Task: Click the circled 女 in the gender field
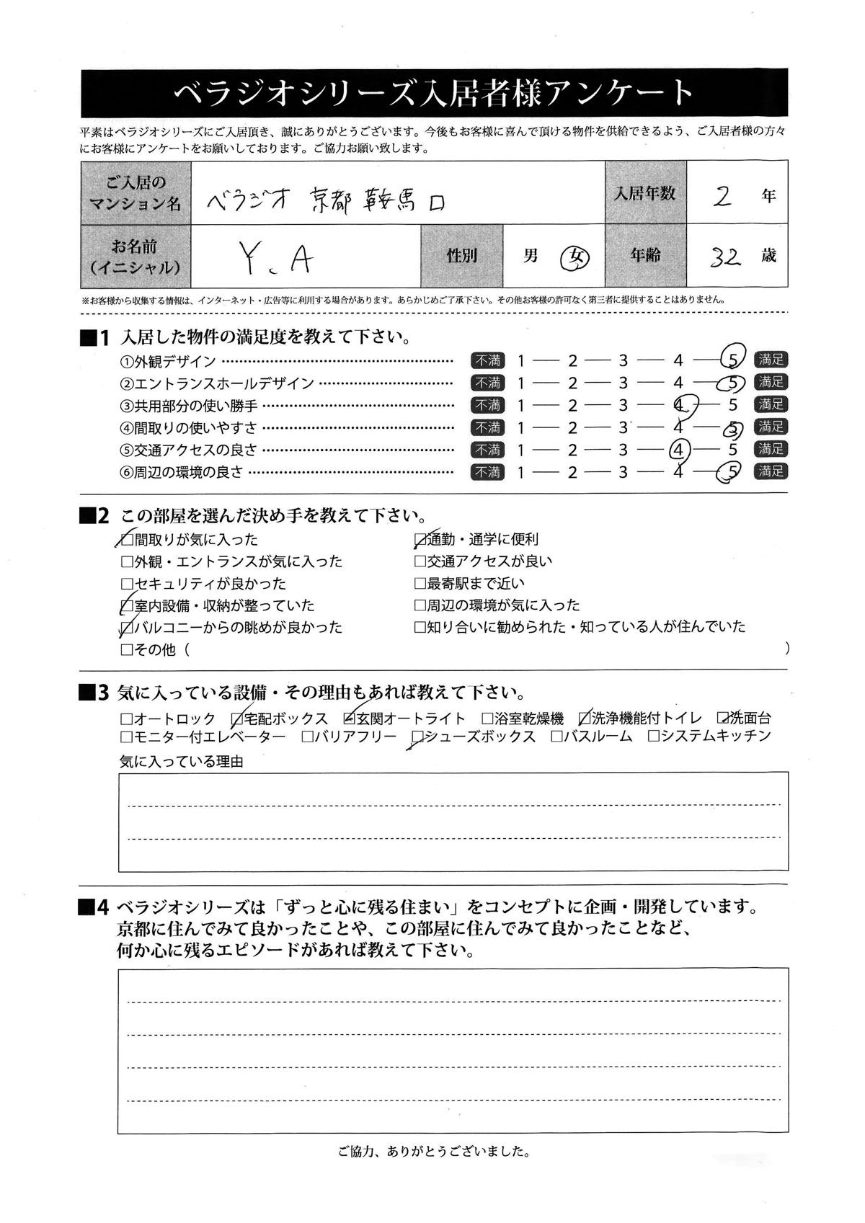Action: tap(575, 257)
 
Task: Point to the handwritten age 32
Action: tap(725, 257)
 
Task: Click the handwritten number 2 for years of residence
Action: tap(722, 195)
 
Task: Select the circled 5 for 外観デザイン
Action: tap(732, 360)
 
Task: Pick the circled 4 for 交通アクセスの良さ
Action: tap(678, 450)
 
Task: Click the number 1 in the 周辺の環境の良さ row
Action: tap(520, 472)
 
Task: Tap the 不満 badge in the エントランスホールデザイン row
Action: tap(488, 383)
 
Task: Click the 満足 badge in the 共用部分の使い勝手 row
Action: tap(771, 404)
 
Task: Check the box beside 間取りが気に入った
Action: tap(127, 539)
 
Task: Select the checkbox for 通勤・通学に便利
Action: tap(420, 539)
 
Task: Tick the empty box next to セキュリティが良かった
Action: tap(127, 583)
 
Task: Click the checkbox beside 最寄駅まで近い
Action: tap(420, 583)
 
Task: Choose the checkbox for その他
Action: tap(127, 649)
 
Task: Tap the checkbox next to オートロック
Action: tap(127, 719)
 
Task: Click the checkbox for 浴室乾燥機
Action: tap(487, 719)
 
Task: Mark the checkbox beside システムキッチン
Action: tap(654, 737)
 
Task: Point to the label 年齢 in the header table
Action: tap(645, 256)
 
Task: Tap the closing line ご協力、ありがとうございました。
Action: tap(433, 1152)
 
